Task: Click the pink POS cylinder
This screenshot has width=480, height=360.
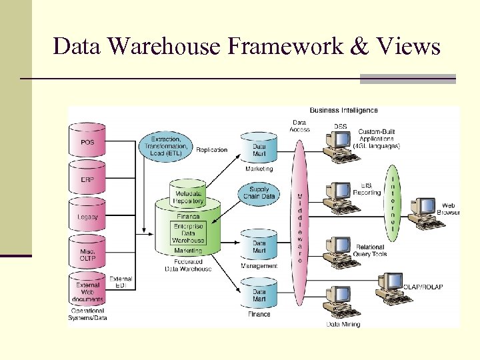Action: (x=87, y=142)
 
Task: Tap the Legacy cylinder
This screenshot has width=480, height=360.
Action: (x=87, y=216)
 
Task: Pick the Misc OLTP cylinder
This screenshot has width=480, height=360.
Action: (x=87, y=255)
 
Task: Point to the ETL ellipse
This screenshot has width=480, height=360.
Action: (x=165, y=145)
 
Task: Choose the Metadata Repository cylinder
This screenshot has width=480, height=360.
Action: (x=187, y=195)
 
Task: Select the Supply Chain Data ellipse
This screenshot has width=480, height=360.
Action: (x=258, y=193)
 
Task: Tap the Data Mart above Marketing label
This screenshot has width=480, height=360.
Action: (x=259, y=149)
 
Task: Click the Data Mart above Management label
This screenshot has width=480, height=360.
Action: (x=259, y=247)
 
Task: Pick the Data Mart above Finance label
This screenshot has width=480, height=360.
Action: (x=259, y=295)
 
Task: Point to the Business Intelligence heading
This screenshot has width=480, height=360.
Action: (x=343, y=110)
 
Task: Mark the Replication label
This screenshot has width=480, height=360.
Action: (x=211, y=150)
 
